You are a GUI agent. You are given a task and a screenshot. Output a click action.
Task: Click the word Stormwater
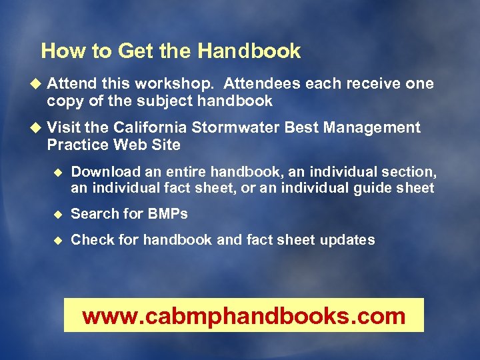point(245,127)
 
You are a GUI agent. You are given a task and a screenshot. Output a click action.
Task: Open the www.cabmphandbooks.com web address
point(244,315)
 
